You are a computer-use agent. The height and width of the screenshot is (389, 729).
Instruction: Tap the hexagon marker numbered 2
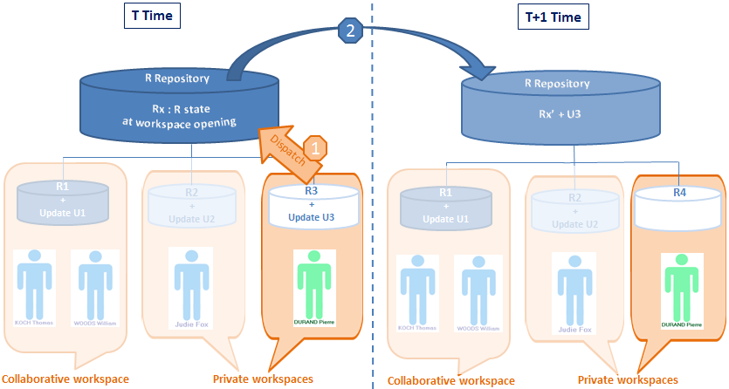point(350,31)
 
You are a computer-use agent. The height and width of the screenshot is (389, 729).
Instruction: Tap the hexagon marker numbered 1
point(318,147)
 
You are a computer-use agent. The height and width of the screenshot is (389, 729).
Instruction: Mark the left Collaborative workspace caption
point(65,379)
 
